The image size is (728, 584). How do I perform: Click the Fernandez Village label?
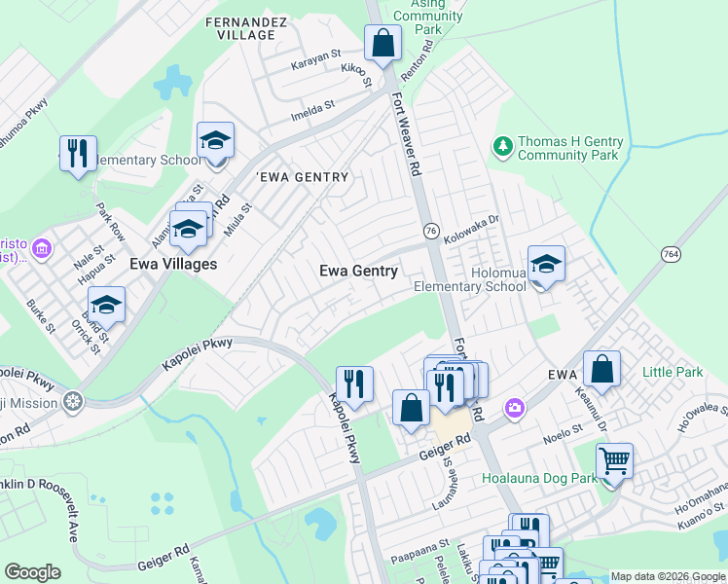(x=240, y=27)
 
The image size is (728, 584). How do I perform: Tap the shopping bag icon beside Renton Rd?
(x=382, y=44)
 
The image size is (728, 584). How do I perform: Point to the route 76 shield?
(x=429, y=229)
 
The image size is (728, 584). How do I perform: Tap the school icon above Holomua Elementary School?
(x=546, y=264)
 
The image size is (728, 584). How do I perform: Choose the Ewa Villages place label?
(x=173, y=264)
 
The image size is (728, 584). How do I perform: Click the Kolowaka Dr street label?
(x=471, y=230)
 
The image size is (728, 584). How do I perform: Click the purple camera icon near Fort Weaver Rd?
(x=513, y=407)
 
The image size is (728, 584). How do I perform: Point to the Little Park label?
(x=673, y=372)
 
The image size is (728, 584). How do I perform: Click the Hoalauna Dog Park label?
(x=538, y=478)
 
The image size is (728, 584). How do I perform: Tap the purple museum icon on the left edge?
(x=41, y=249)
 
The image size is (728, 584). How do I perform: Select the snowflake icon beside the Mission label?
(x=72, y=401)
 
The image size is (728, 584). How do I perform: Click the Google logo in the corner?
(x=32, y=571)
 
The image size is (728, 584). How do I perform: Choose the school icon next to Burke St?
(x=106, y=305)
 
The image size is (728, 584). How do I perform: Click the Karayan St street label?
(x=315, y=66)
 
